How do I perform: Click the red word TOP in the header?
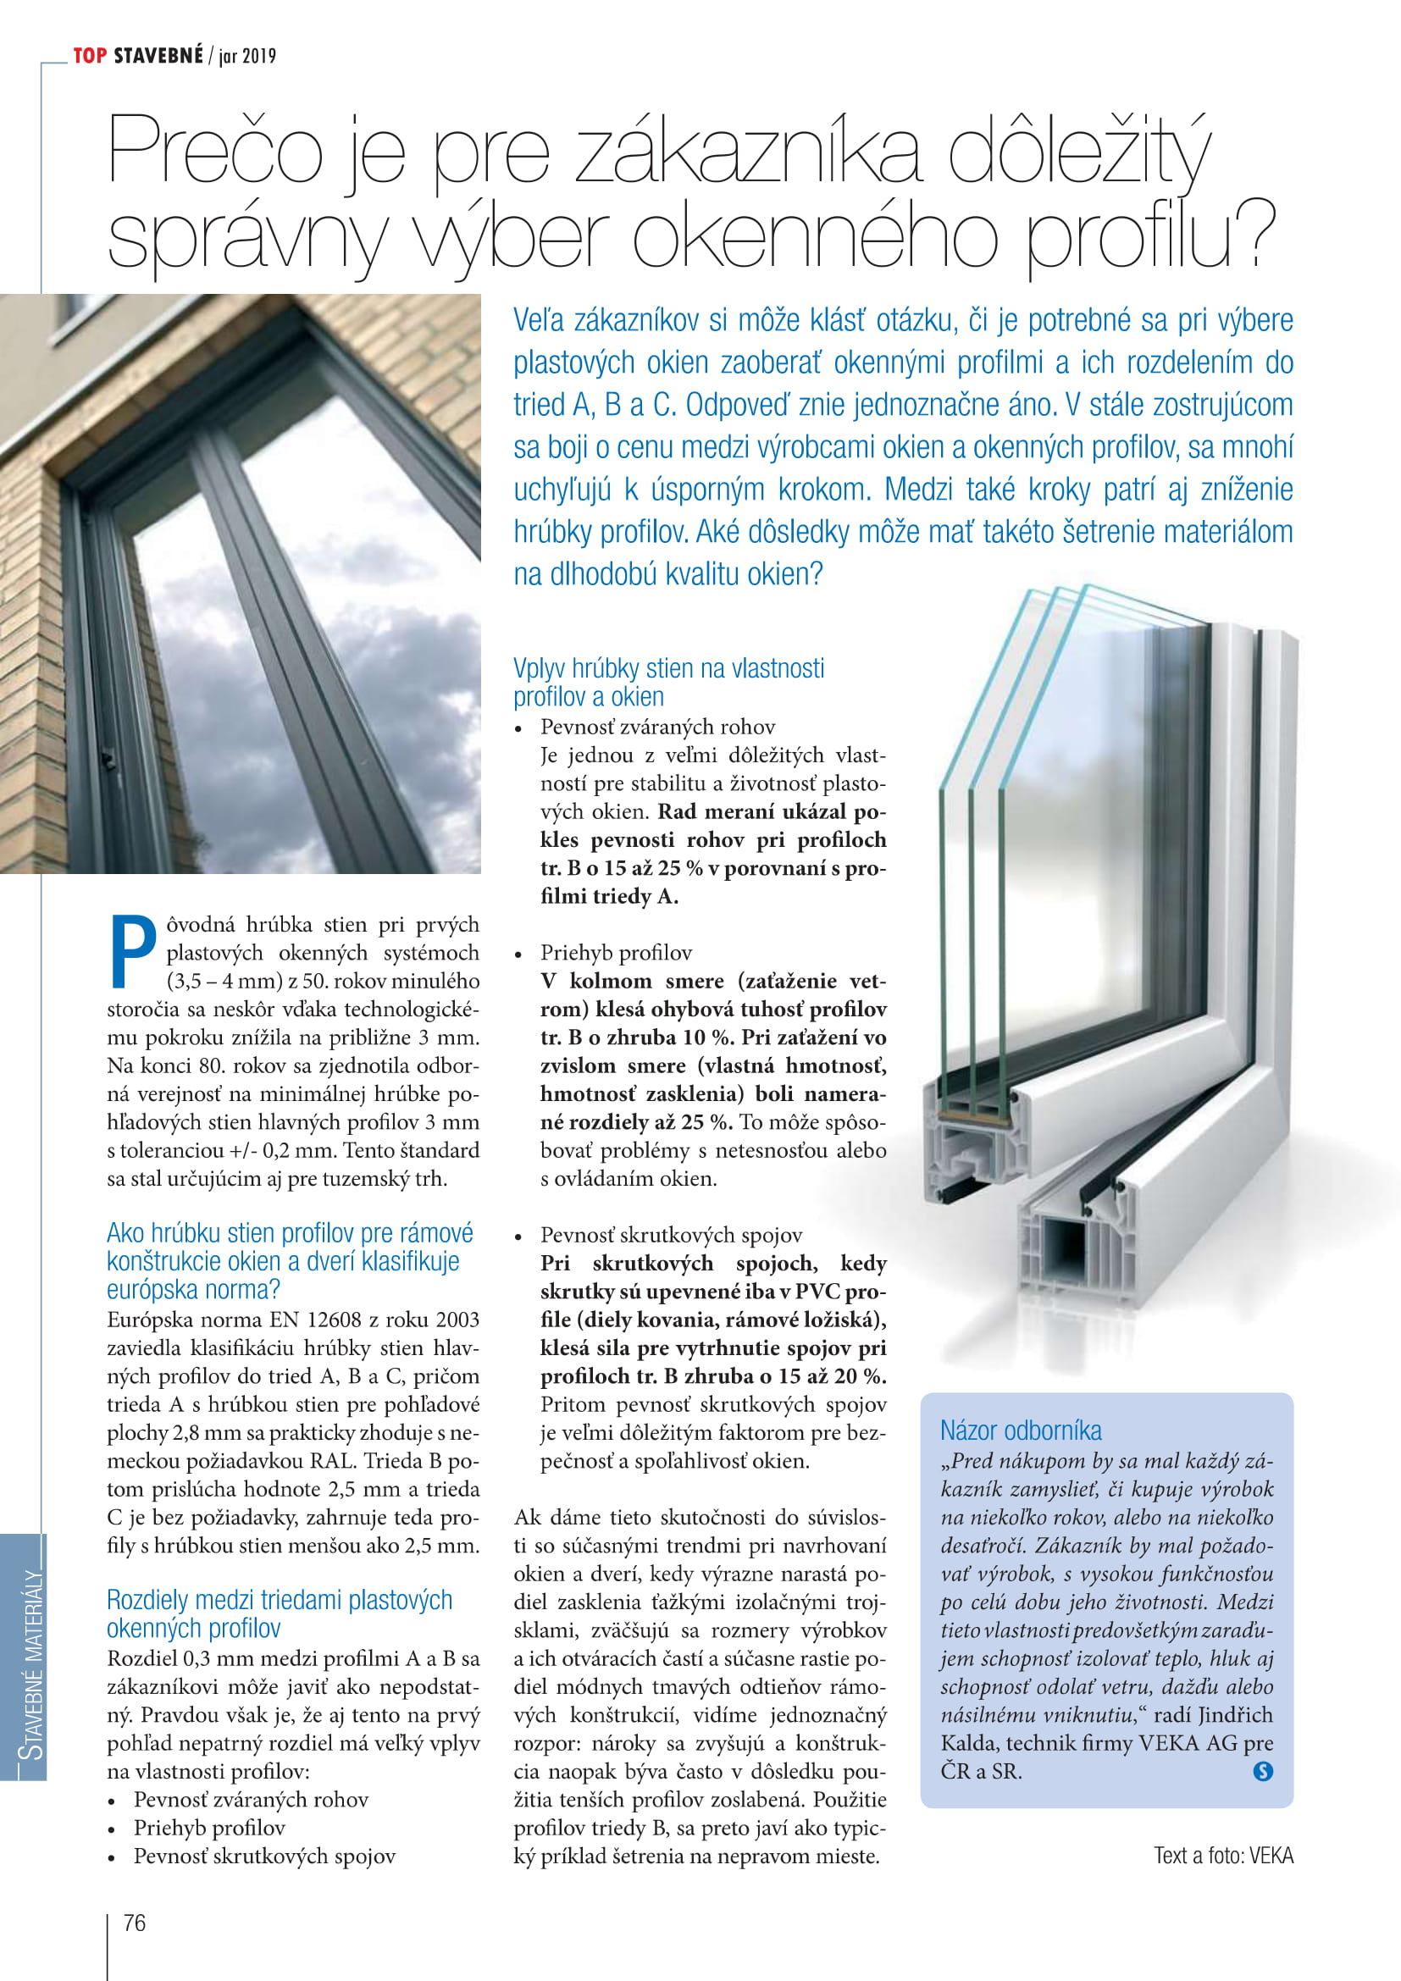tap(90, 56)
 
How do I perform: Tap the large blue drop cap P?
tap(134, 951)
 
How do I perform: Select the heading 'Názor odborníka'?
tap(1021, 1430)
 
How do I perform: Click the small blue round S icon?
tap(1262, 1771)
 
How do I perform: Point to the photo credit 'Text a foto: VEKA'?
tap(1223, 1855)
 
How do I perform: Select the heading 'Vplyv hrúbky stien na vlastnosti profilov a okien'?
tap(668, 682)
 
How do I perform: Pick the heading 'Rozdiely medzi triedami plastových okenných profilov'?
tap(279, 1613)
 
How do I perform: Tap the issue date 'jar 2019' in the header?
tap(247, 57)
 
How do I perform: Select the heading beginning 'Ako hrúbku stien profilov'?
tap(290, 1260)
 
